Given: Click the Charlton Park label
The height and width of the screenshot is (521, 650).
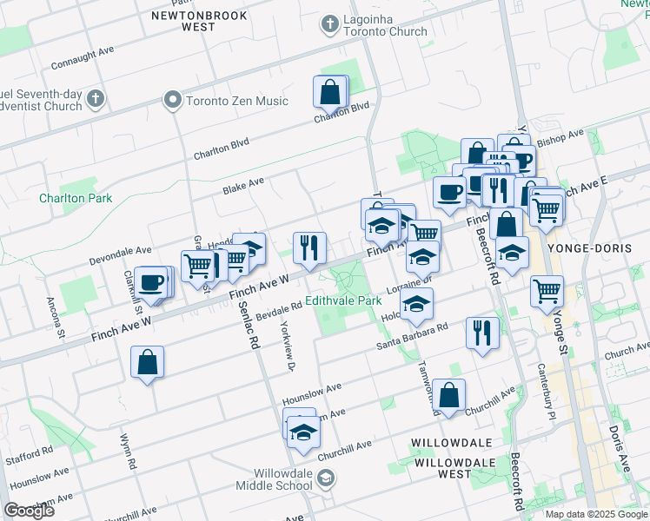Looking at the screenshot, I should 76,198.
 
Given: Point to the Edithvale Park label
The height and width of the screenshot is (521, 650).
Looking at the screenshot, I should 343,300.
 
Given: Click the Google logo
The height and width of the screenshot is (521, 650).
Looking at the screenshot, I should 29,511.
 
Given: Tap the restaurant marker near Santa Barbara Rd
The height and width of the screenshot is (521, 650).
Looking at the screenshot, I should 481,332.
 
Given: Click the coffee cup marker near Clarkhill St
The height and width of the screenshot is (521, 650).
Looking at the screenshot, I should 151,282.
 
